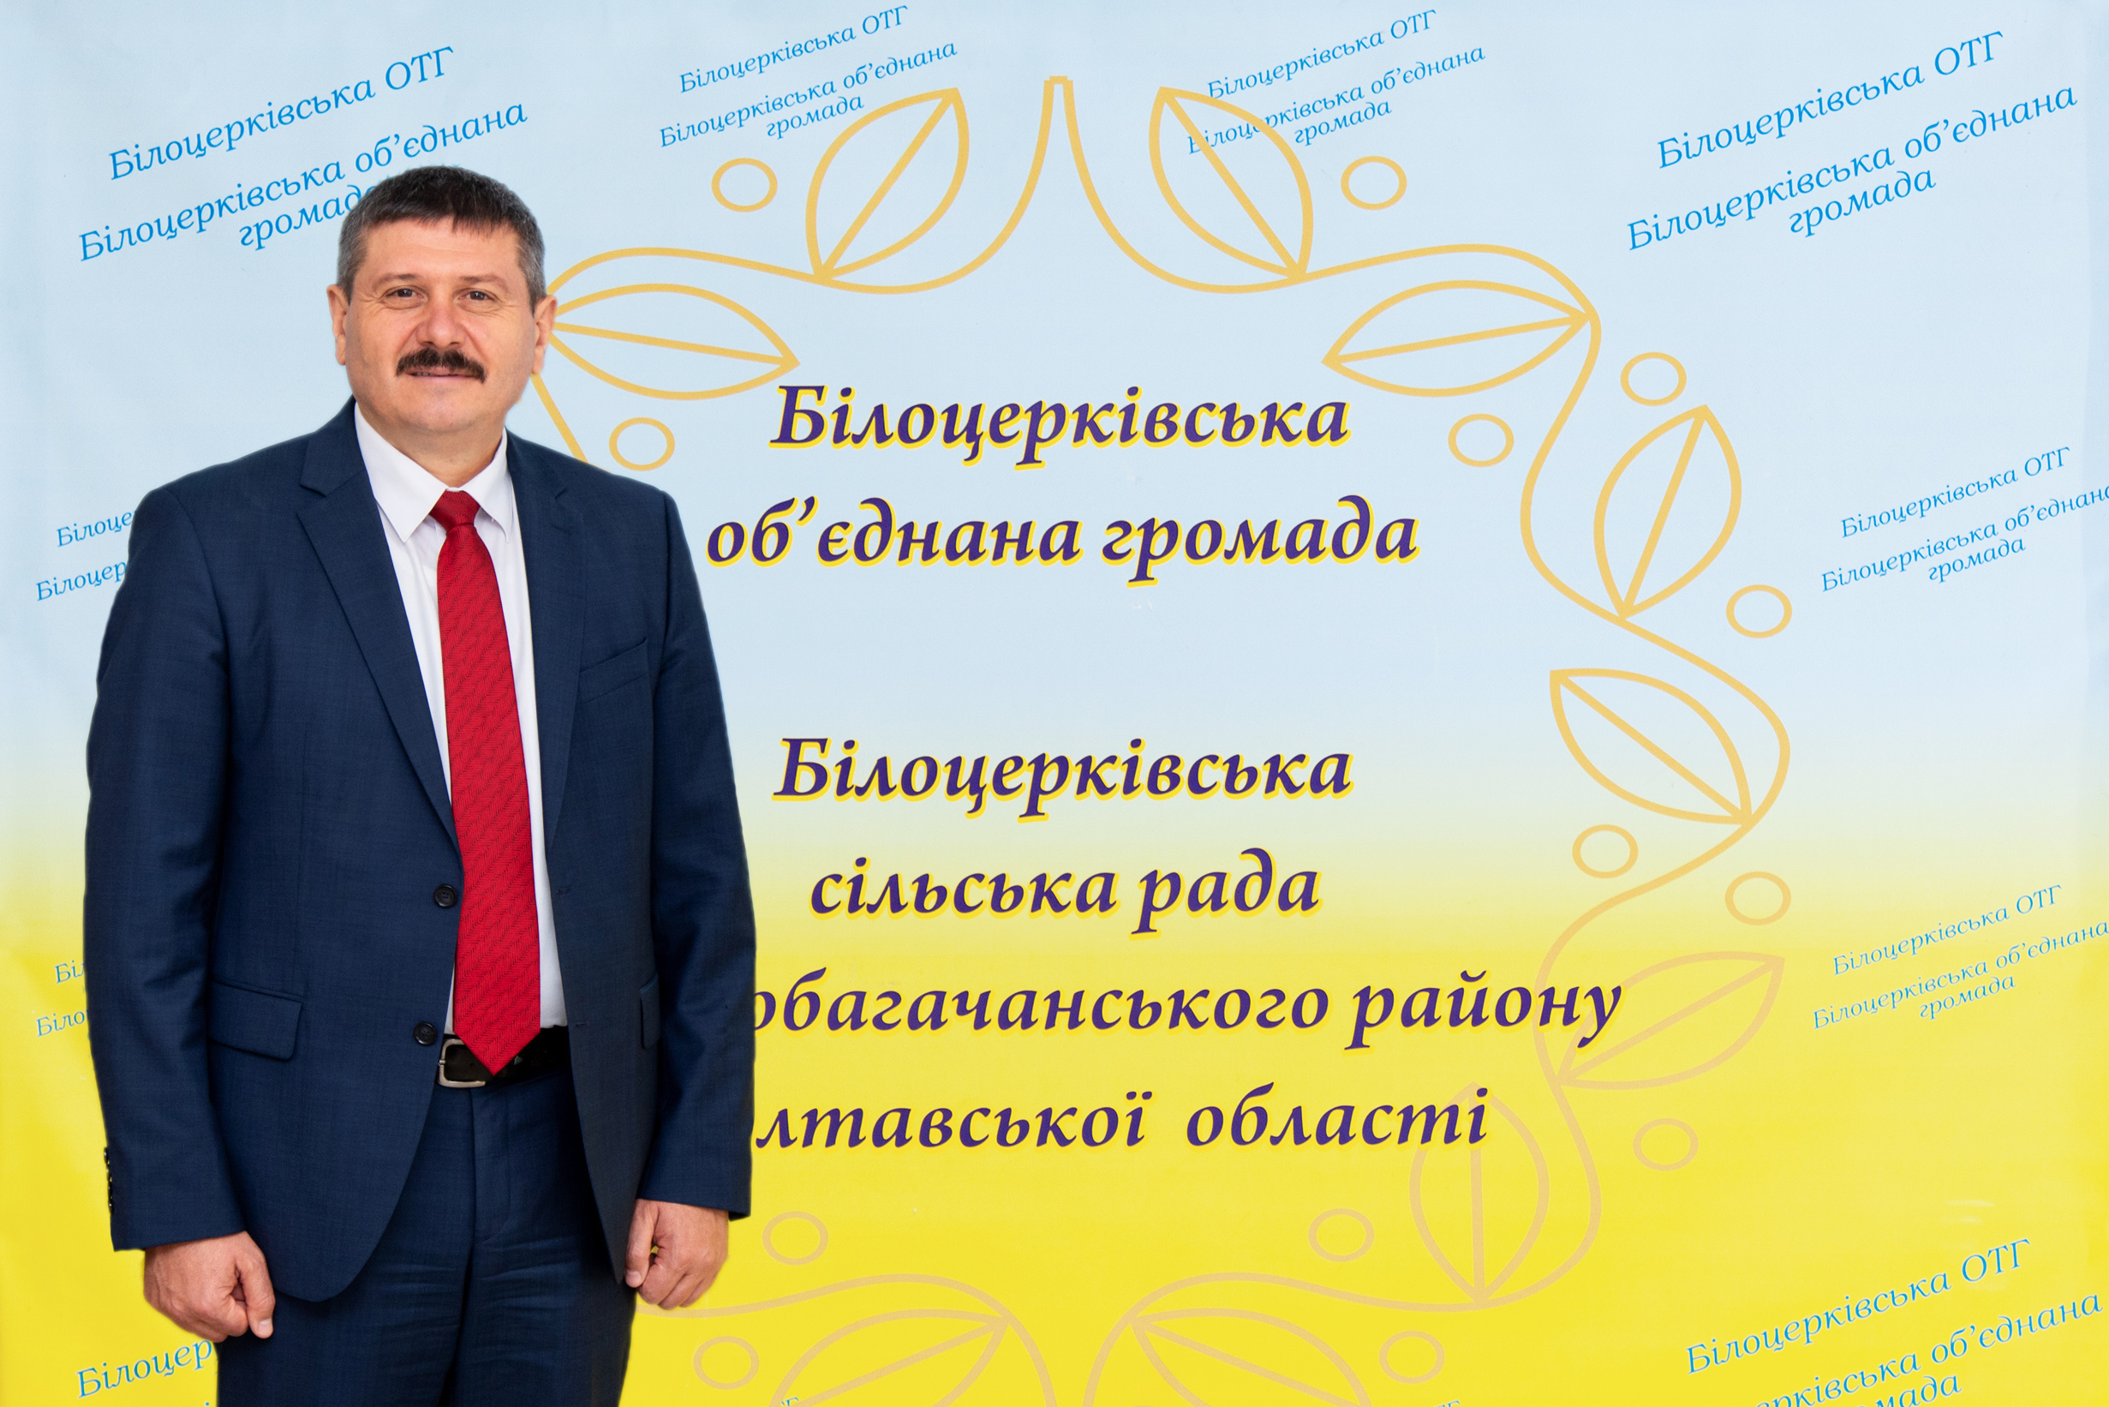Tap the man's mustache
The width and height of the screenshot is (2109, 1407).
coord(439,362)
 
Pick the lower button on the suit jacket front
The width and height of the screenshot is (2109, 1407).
coord(424,1033)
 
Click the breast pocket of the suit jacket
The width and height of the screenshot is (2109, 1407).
coord(612,668)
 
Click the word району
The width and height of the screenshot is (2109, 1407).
coord(1485,1007)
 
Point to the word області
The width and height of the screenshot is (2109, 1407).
coord(1336,1123)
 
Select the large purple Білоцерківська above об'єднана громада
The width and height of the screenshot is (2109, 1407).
coord(1060,419)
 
